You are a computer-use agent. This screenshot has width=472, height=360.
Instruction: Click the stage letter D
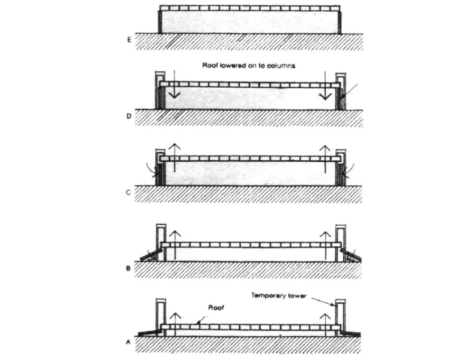(128, 116)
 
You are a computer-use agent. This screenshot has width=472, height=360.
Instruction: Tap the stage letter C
(128, 193)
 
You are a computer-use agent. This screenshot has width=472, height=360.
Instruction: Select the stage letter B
(128, 268)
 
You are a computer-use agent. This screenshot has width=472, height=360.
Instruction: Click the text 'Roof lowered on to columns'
(249, 65)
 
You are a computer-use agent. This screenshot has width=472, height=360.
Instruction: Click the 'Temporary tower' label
(279, 295)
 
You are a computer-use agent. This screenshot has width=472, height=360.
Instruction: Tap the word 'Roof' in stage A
(215, 307)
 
